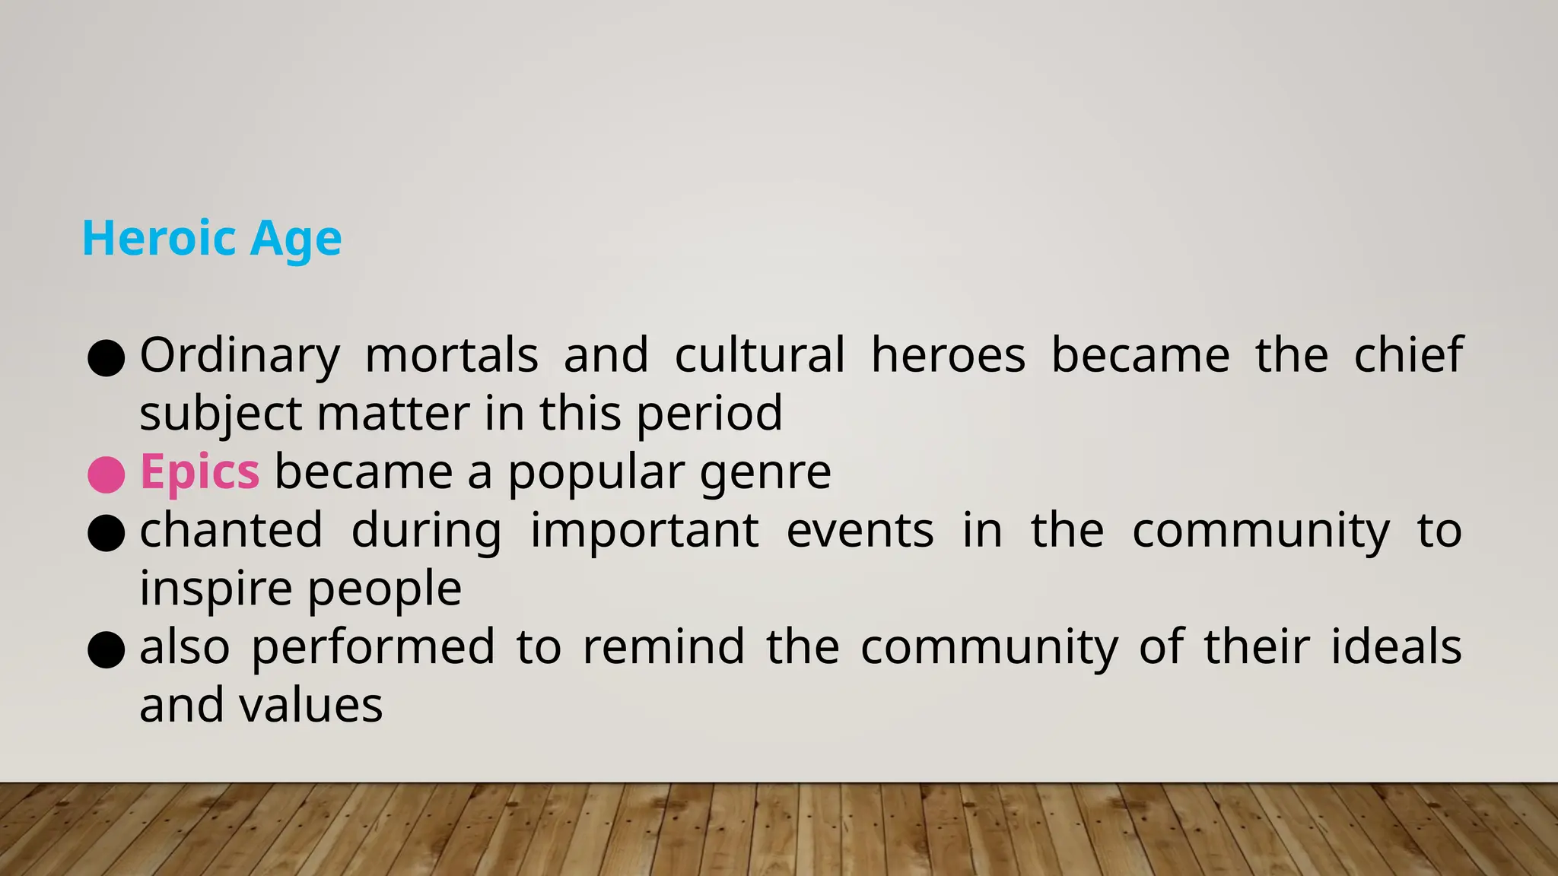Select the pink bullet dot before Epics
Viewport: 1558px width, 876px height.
(x=107, y=474)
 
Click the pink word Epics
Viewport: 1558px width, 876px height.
(x=200, y=473)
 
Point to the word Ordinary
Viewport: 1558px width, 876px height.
(x=240, y=356)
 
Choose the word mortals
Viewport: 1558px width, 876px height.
(x=452, y=356)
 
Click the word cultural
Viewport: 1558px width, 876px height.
(x=759, y=356)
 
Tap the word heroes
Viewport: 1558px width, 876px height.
(x=948, y=356)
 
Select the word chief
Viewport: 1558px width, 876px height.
(x=1408, y=356)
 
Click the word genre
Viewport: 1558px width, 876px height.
(x=765, y=473)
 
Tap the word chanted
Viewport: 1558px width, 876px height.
(x=231, y=530)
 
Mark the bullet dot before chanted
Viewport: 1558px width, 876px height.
(x=107, y=533)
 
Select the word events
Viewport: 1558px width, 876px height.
(x=860, y=530)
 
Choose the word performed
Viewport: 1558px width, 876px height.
(x=373, y=647)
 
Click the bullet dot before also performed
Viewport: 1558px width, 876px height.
(x=107, y=650)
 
